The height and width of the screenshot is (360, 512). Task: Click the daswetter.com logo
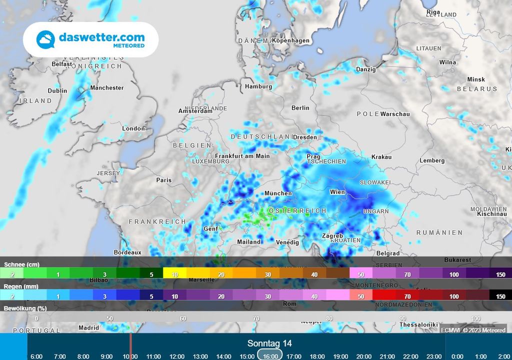[x=90, y=40]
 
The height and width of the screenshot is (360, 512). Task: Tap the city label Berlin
[x=300, y=108]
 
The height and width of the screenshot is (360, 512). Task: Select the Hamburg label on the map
[x=258, y=86]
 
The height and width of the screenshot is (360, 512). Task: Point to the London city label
[x=133, y=128]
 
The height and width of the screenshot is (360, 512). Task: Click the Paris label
[x=163, y=180]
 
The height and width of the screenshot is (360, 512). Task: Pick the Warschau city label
[x=395, y=114]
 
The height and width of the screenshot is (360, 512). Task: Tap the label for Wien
[x=337, y=192]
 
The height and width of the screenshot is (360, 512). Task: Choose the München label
[x=278, y=193]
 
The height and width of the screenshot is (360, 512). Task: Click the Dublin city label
[x=57, y=91]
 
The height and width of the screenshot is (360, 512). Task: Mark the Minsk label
[x=476, y=79]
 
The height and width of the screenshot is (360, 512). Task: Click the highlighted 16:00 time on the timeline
[x=270, y=356]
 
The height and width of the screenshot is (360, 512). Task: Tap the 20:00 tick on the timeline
[x=363, y=356]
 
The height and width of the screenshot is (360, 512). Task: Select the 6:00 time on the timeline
[x=36, y=356]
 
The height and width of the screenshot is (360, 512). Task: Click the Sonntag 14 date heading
[x=269, y=343]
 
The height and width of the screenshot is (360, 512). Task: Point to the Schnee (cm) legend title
[x=21, y=264]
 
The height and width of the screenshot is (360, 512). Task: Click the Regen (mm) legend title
[x=21, y=286]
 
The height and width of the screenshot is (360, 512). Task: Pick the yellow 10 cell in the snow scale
[x=175, y=274]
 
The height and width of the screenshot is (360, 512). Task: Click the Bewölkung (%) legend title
[x=25, y=308]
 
